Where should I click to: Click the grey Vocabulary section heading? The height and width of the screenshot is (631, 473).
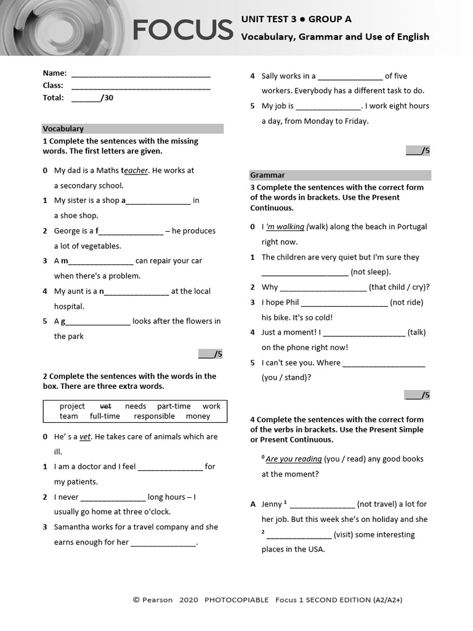click(63, 129)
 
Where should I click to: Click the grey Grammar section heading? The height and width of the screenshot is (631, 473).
click(267, 175)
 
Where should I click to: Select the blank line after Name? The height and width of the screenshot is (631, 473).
click(141, 75)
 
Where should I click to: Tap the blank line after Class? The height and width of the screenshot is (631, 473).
click(141, 87)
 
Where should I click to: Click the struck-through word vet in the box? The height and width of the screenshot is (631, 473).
click(105, 406)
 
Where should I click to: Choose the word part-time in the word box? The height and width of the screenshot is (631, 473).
click(174, 406)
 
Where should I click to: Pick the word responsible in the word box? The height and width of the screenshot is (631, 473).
click(154, 417)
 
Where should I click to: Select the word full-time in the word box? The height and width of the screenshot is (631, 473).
click(105, 417)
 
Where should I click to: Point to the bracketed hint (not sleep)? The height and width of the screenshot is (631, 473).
click(371, 272)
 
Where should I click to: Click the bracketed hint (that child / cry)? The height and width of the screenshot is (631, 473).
click(399, 287)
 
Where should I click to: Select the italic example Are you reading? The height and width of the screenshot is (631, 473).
click(294, 459)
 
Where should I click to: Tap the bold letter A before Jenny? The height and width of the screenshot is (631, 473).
click(253, 504)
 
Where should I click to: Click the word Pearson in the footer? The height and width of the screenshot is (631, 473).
click(158, 600)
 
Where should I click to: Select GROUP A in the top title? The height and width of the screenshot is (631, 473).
click(330, 19)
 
